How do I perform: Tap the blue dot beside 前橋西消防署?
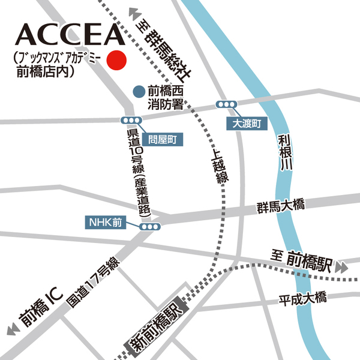click(x=139, y=92)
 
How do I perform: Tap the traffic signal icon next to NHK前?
click(x=151, y=227)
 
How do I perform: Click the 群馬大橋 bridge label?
click(x=280, y=206)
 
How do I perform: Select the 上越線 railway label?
click(x=220, y=166)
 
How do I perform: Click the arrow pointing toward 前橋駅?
click(x=342, y=265)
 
